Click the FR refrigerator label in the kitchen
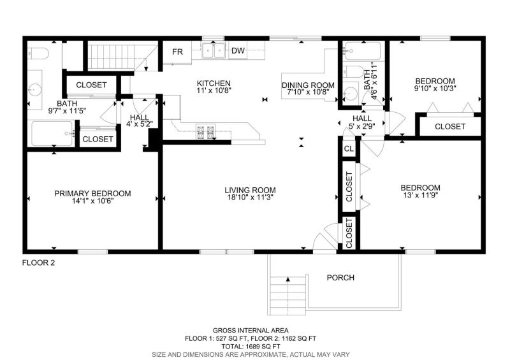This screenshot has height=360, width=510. pos(178,52)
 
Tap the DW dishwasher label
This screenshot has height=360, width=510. pos(238,51)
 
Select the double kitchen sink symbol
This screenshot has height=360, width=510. pos(213,51)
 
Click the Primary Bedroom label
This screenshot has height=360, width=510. pos(92,194)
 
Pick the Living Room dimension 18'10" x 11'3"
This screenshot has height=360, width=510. pos(250,198)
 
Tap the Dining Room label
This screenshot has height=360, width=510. pos(308,85)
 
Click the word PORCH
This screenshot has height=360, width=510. pos(340,278)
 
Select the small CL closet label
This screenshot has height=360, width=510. pos(349,149)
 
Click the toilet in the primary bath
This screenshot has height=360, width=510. pos(38,53)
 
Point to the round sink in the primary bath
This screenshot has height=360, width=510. pos(34,89)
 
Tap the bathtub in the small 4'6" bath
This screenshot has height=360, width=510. pos(363,51)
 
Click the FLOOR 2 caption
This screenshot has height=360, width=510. pos(38,263)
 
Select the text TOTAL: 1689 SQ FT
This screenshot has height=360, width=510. pos(251,347)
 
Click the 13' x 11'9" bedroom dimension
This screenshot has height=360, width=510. pos(420,195)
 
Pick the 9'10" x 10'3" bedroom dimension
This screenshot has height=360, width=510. pos(435,88)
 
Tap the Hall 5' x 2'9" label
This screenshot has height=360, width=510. pos(362,122)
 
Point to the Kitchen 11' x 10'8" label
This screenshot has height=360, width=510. pos(214,87)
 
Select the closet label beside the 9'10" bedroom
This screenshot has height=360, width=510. pos(450,127)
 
